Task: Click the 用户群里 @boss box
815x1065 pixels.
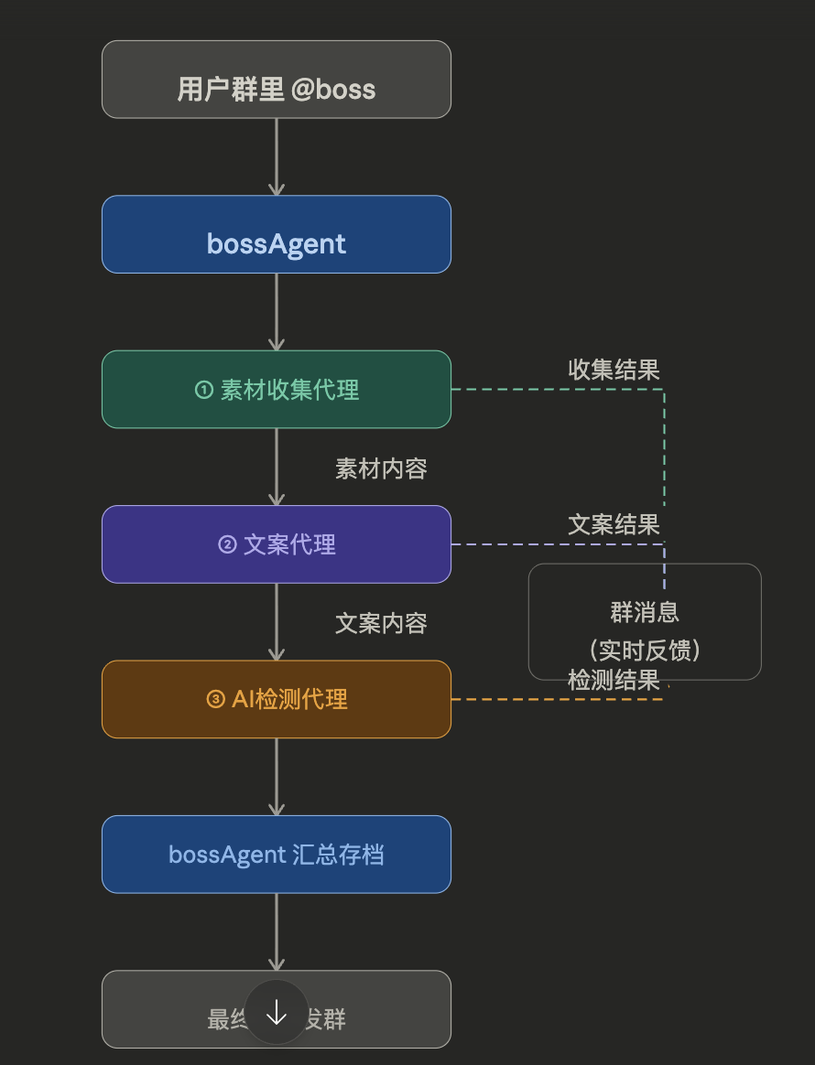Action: (x=276, y=80)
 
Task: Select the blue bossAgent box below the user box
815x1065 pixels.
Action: (x=276, y=234)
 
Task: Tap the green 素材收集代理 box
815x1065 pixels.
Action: (x=276, y=390)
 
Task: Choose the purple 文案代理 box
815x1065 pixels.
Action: (x=276, y=544)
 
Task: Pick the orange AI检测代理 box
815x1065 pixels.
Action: (x=276, y=699)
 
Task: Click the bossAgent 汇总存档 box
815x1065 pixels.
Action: (x=276, y=855)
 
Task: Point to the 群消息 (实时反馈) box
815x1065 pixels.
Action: (x=645, y=622)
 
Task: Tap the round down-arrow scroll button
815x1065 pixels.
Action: (x=277, y=1012)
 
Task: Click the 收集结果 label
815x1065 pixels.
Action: (x=614, y=370)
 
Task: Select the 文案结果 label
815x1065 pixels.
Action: (x=614, y=524)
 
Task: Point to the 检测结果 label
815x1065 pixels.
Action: (x=614, y=680)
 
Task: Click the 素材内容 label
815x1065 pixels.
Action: (x=381, y=468)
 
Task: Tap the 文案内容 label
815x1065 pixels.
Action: (x=381, y=623)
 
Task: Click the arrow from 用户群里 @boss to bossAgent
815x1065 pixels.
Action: (x=276, y=156)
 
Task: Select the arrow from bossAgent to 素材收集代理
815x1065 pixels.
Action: (x=276, y=311)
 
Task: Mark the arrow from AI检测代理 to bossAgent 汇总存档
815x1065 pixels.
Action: (x=276, y=776)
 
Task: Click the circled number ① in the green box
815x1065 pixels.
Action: (x=204, y=390)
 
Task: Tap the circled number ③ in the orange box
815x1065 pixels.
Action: (x=216, y=700)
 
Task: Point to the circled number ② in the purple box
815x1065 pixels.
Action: (x=227, y=545)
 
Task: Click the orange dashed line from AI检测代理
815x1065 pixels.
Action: (x=549, y=699)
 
